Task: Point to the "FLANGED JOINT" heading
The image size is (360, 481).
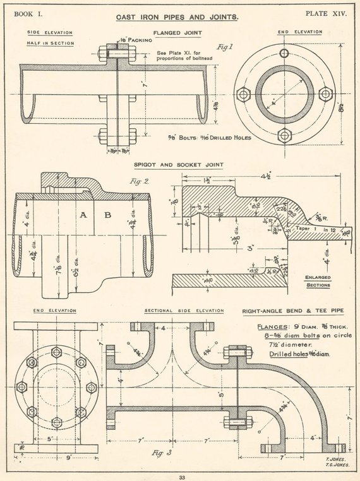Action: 176,33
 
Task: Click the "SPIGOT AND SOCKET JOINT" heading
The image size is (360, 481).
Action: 178,165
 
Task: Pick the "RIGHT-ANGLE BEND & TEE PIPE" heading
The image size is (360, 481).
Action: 294,311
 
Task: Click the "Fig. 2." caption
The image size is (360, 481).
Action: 137,182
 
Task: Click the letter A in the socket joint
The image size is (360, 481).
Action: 83,216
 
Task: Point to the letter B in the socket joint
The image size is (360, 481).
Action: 108,216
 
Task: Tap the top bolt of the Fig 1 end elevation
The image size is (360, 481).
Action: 284,54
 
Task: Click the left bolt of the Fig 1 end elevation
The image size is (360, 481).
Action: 243,95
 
